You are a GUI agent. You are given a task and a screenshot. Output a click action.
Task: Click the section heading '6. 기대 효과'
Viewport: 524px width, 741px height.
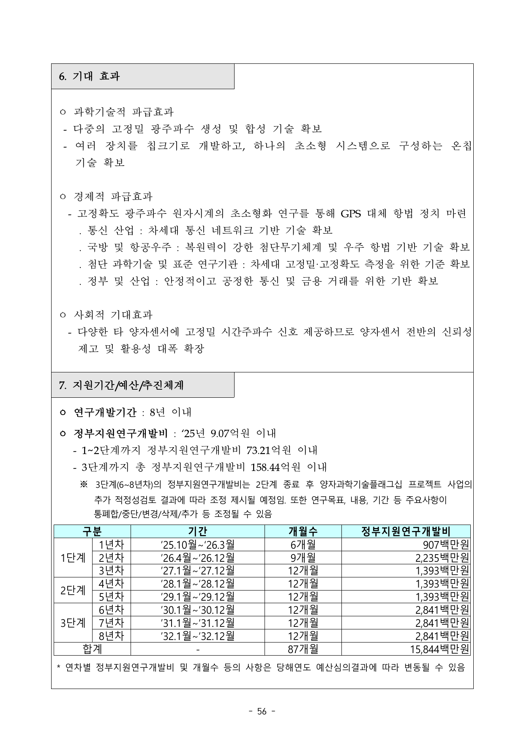pos(89,77)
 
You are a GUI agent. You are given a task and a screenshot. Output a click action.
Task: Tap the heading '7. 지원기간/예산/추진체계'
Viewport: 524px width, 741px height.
pos(122,385)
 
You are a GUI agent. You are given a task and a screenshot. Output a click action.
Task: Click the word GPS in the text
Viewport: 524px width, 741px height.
pos(351,213)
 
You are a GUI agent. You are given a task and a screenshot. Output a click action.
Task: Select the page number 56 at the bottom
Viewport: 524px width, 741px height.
pos(262,711)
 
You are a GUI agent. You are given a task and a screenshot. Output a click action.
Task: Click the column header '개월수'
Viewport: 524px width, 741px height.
pos(303,531)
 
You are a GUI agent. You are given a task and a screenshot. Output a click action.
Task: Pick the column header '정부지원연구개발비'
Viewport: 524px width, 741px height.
pos(406,531)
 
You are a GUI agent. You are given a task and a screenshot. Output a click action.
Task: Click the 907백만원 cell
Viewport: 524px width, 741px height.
pos(447,544)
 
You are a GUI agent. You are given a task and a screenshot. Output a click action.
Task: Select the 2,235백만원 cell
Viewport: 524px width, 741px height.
pos(442,558)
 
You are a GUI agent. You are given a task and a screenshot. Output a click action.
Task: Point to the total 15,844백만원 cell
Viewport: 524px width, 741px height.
pos(439,649)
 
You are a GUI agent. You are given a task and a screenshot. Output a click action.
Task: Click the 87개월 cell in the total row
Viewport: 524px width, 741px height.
pos(303,649)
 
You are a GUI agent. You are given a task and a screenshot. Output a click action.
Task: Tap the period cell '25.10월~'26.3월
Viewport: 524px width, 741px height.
pos(197,544)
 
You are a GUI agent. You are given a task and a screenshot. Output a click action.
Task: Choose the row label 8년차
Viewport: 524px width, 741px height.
pos(111,636)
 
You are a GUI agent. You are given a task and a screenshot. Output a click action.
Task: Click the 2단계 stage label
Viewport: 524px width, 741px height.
pos(73,591)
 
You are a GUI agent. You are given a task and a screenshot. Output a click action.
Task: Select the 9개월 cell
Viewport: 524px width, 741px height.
pos(303,558)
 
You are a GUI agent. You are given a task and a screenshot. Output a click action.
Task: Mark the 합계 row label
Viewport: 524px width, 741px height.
pos(92,649)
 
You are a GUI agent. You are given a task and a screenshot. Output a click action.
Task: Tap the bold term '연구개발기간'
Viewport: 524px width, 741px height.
pos(105,412)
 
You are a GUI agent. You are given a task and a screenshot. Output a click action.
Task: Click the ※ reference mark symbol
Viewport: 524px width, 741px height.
pos(83,484)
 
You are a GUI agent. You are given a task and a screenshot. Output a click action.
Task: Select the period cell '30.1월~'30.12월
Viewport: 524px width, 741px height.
pos(197,610)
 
